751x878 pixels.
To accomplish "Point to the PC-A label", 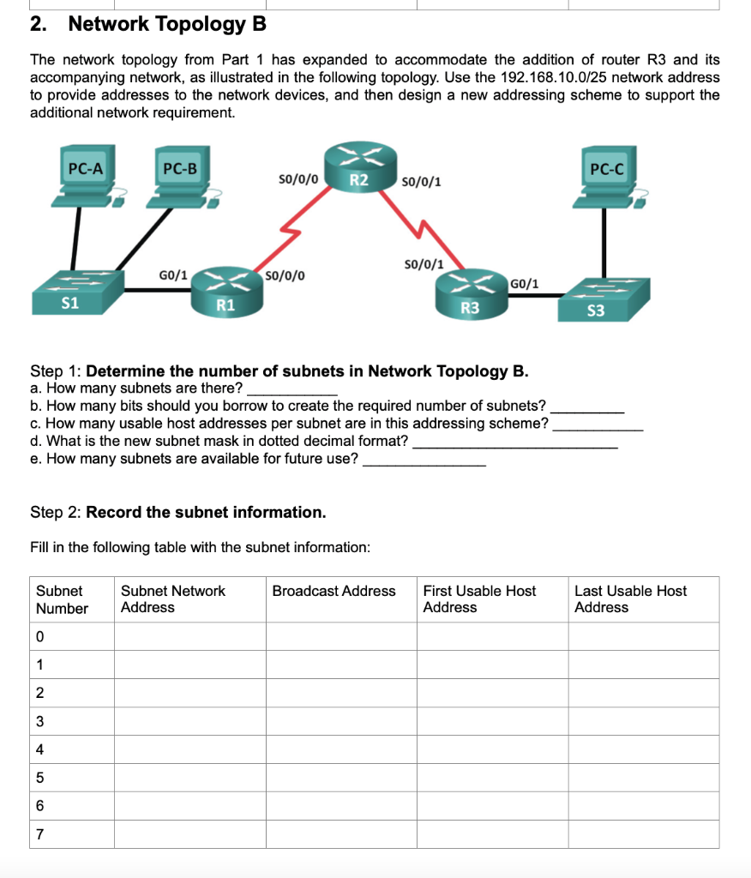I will (x=86, y=169).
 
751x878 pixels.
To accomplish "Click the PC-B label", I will (x=180, y=169).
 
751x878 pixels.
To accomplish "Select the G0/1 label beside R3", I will (x=526, y=283).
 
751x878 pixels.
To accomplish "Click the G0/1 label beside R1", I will (x=173, y=275).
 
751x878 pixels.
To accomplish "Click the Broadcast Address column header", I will (x=334, y=591).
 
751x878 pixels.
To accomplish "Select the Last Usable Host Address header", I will (x=630, y=598).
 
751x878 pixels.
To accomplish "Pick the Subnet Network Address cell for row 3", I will (x=189, y=721).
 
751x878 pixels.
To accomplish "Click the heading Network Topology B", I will (x=167, y=24).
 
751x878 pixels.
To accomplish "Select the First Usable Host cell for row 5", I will (x=492, y=778).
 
